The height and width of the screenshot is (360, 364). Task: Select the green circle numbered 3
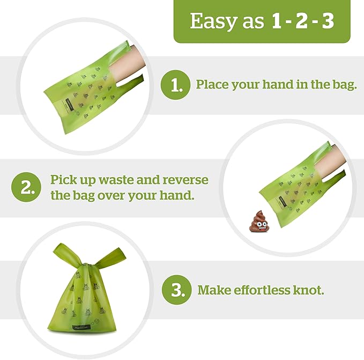tap(176, 290)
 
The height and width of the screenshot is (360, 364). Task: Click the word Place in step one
tap(210, 85)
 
